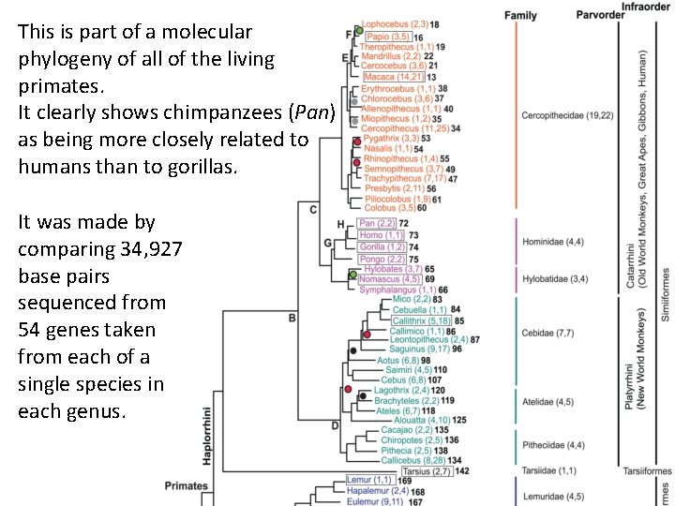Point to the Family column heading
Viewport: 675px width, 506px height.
520,16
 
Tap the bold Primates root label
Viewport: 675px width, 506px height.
186,485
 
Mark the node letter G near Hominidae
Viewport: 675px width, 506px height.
327,242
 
